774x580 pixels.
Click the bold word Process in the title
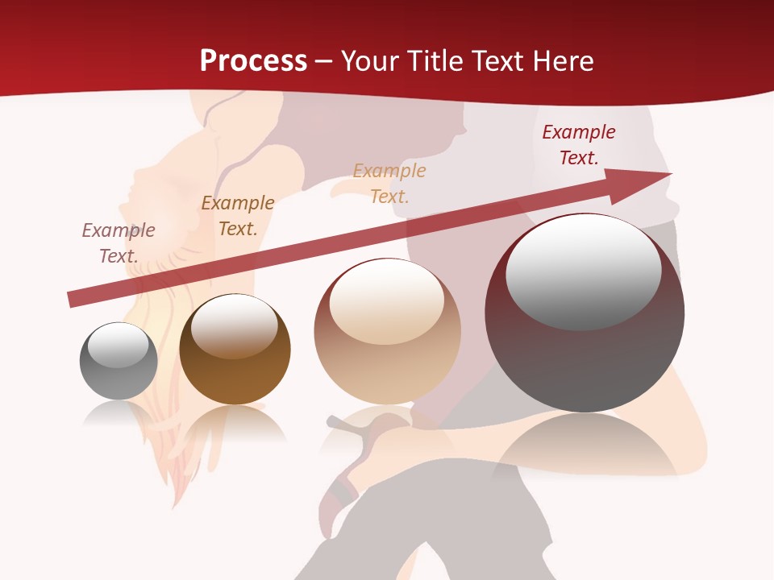(253, 61)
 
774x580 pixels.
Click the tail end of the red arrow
(73, 299)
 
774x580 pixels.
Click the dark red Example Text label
(578, 145)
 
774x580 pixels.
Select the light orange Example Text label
(389, 183)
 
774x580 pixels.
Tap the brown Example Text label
(238, 216)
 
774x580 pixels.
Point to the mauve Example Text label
(119, 243)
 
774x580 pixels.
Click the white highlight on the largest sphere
(583, 271)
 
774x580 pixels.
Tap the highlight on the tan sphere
(387, 300)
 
